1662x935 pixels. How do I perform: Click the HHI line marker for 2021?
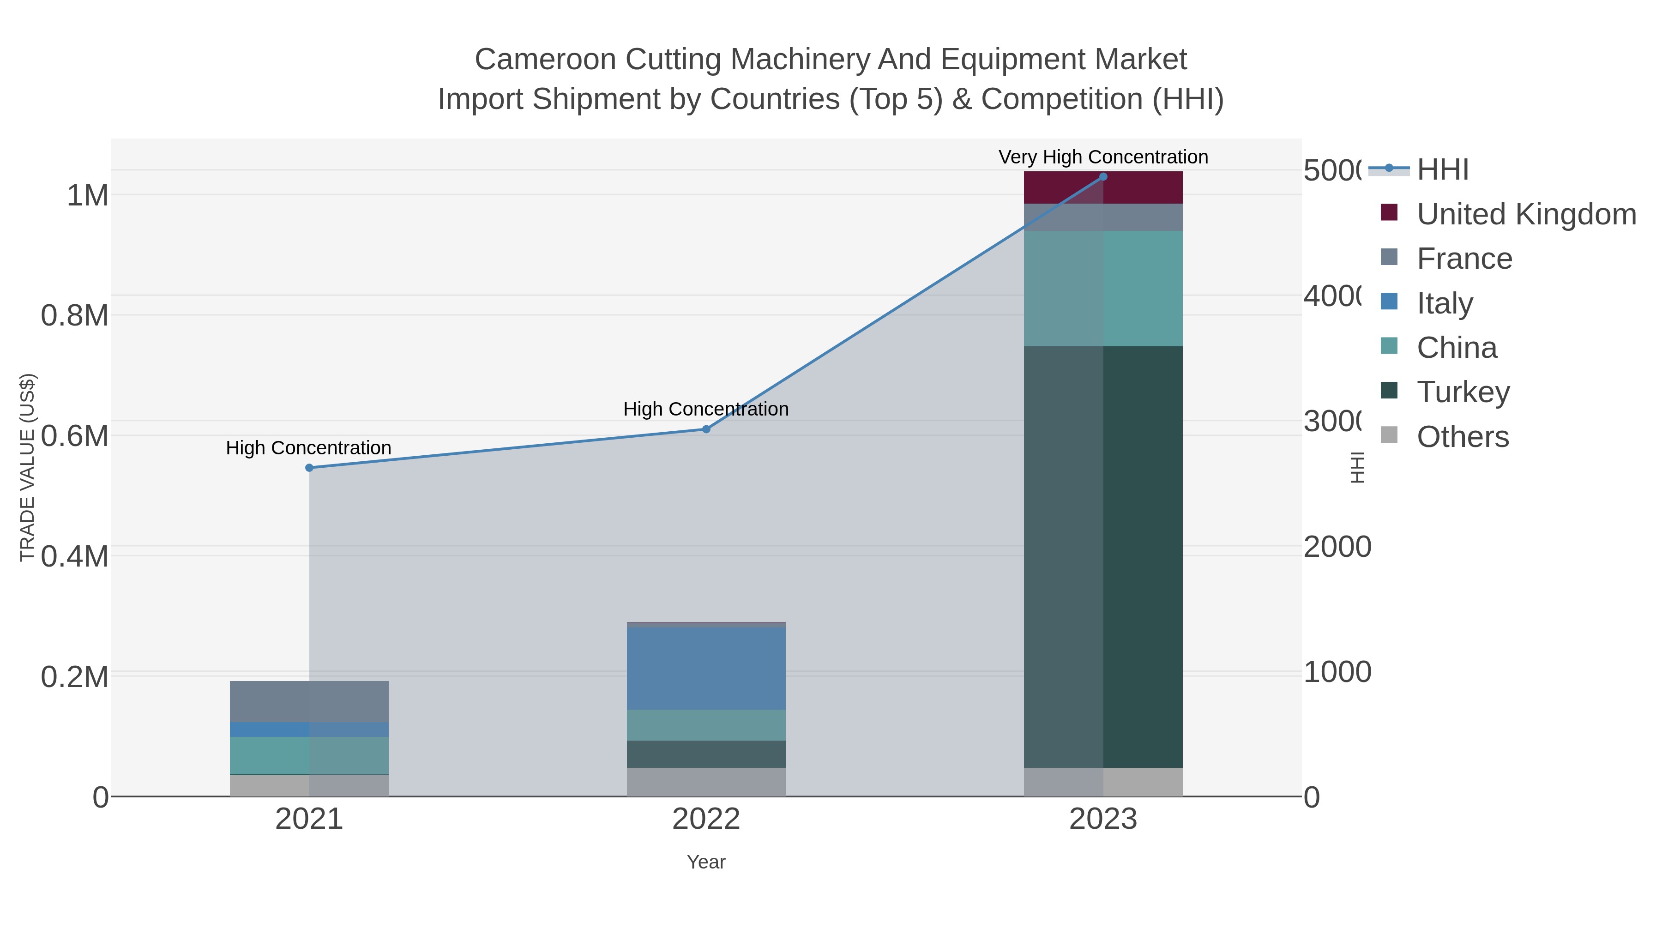tap(309, 468)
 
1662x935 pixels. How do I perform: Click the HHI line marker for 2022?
tap(706, 429)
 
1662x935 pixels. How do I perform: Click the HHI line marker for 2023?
tap(1102, 177)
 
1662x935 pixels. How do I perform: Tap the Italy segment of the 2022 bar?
tap(706, 669)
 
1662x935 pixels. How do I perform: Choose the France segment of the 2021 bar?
tap(309, 701)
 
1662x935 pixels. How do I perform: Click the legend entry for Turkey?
tap(1463, 392)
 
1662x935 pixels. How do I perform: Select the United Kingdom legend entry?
tap(1526, 214)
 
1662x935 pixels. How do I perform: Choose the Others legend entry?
tap(1462, 437)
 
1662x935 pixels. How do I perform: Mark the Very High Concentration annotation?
tap(1102, 157)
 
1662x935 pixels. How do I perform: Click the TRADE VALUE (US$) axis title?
tap(27, 467)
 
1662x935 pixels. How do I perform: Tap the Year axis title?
tap(706, 862)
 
